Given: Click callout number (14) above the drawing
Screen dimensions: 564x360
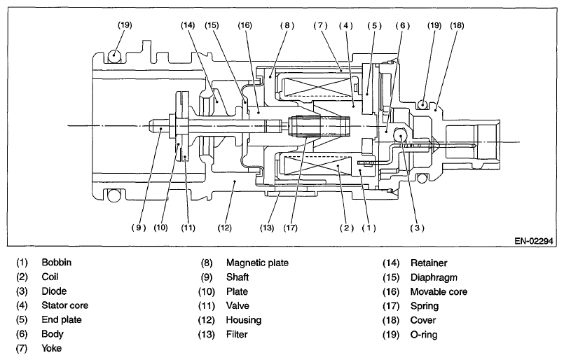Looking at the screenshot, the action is [188, 25].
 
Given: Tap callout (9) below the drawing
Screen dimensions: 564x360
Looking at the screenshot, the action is [139, 228].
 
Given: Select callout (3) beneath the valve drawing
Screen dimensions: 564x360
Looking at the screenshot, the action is [418, 228].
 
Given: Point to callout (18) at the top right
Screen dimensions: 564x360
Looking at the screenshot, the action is [458, 25].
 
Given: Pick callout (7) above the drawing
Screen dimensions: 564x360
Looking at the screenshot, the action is [320, 25].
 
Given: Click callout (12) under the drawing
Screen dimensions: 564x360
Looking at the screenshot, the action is [225, 228].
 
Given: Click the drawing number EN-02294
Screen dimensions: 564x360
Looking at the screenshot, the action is [534, 241].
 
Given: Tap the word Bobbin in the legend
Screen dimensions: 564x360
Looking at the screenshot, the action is [57, 262].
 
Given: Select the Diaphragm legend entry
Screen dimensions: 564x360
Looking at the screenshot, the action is [434, 277].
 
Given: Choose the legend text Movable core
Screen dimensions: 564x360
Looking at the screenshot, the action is [439, 291].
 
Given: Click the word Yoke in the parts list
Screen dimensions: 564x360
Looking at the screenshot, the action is [51, 348].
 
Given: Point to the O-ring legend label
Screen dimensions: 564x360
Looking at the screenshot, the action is [424, 335].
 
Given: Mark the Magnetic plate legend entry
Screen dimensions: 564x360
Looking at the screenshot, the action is [257, 263].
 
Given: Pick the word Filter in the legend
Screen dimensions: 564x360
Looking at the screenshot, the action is [237, 335].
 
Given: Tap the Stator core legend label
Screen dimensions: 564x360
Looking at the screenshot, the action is [64, 305].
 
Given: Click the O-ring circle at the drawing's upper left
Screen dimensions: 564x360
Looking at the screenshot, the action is [114, 56].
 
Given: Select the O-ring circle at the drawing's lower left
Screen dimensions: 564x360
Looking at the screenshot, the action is [114, 195].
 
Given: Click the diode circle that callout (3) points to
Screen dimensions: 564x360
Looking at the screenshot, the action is [400, 135].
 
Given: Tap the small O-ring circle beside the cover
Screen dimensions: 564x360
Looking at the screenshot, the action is [423, 104].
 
